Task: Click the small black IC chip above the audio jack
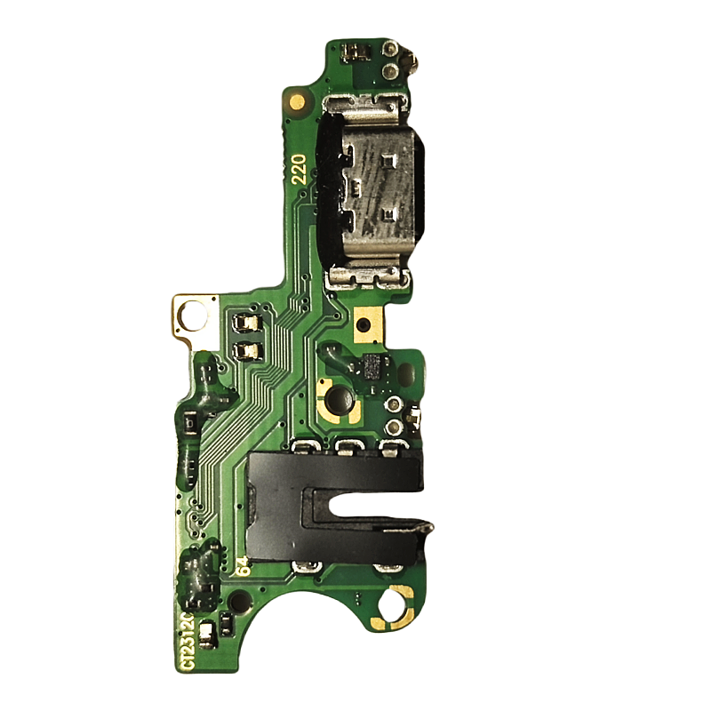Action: click(371, 364)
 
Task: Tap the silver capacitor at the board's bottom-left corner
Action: click(207, 633)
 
